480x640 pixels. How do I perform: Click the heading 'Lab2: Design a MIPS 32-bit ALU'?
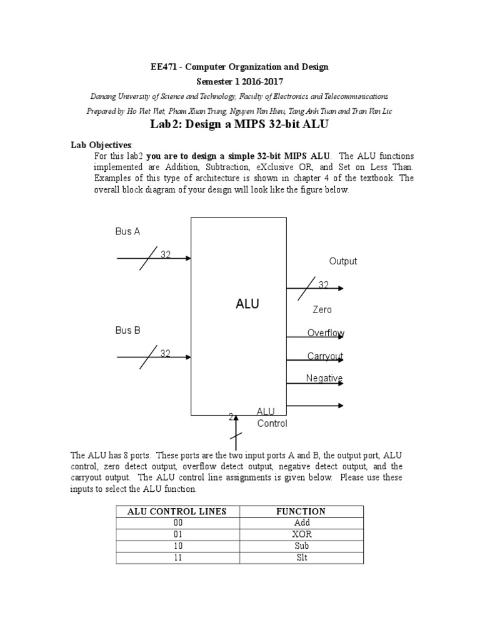[x=240, y=124]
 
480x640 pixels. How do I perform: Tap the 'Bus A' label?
[x=127, y=231]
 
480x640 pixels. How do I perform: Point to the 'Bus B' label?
[x=127, y=330]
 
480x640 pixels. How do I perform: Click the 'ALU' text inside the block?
[x=247, y=304]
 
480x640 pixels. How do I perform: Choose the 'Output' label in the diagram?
[x=343, y=261]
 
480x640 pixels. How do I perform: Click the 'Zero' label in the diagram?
[x=322, y=309]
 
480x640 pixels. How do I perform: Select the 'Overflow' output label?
[x=326, y=333]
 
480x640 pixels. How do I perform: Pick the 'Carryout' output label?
[x=325, y=356]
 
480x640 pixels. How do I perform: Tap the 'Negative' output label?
[x=324, y=378]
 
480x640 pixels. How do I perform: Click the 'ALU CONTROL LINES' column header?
[x=177, y=511]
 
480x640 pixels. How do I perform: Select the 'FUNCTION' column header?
[x=301, y=511]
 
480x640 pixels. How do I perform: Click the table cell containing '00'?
[x=177, y=523]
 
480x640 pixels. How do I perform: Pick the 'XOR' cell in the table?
[x=302, y=534]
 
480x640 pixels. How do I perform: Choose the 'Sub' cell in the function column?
[x=302, y=546]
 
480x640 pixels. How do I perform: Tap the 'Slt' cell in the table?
[x=302, y=557]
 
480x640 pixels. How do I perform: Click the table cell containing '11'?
[x=177, y=557]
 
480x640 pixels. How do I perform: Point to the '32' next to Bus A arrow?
[x=166, y=254]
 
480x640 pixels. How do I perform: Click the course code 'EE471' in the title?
[x=166, y=67]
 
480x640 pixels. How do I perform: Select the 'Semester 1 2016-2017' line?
[x=240, y=82]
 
